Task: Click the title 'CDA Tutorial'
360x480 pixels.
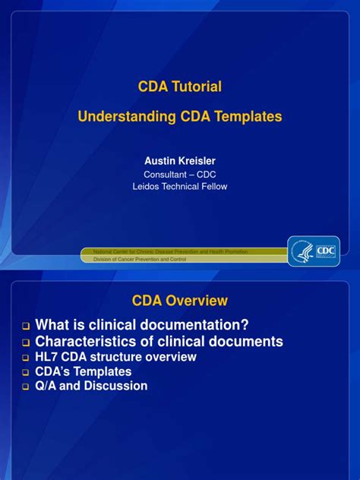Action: [180, 87]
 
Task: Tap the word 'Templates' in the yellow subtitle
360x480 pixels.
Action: [246, 117]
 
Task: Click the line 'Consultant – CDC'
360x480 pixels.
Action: [180, 174]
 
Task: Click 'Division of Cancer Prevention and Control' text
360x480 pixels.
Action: [139, 260]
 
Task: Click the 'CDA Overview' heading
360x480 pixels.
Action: [180, 301]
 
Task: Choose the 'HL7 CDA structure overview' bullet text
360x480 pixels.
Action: [116, 357]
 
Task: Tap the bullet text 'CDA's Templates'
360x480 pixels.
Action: [84, 371]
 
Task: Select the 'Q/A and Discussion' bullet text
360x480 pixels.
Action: [92, 386]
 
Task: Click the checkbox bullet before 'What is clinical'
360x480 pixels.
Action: [25, 327]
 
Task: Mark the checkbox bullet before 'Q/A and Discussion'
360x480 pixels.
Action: [25, 387]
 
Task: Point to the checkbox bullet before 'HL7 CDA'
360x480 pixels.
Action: [25, 358]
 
